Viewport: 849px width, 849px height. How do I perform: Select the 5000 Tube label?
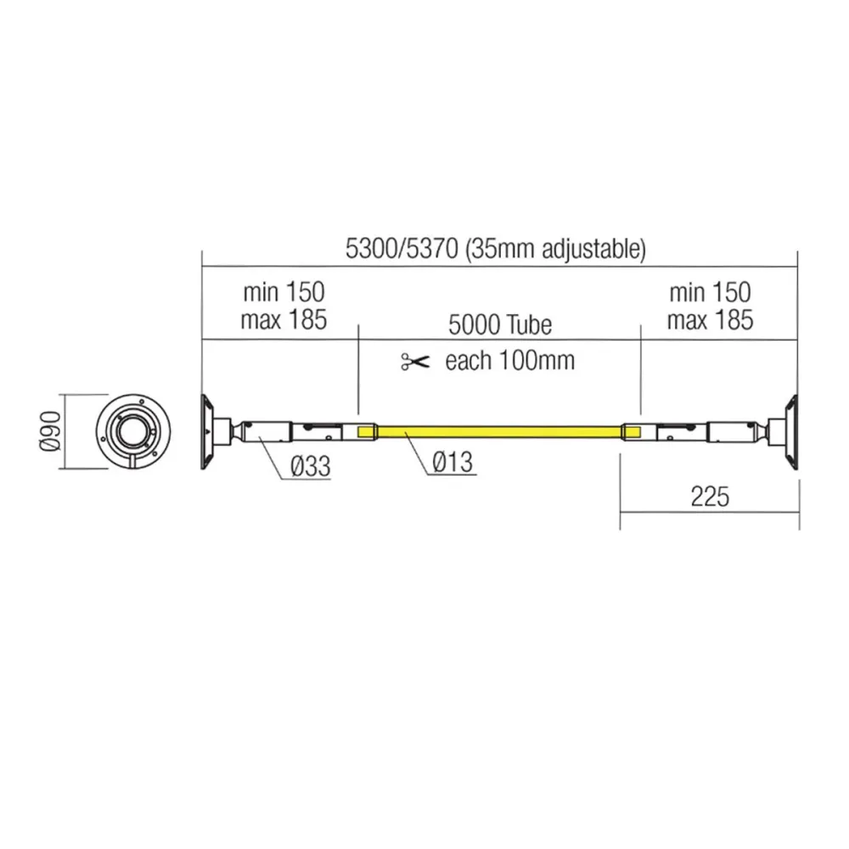click(x=500, y=324)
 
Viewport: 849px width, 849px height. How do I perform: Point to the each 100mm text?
click(x=509, y=361)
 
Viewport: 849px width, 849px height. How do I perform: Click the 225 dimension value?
click(x=709, y=497)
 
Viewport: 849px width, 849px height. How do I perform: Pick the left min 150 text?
click(x=284, y=293)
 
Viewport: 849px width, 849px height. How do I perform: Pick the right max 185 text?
click(x=709, y=320)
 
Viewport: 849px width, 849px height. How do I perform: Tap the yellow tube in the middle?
click(x=501, y=431)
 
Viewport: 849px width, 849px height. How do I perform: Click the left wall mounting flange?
click(x=207, y=431)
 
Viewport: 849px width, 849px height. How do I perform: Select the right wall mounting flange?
click(x=791, y=431)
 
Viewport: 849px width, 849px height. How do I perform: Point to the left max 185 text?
click(x=284, y=320)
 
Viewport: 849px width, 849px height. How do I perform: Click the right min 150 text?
click(x=709, y=293)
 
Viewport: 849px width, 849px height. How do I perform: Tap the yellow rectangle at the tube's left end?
click(x=367, y=431)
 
